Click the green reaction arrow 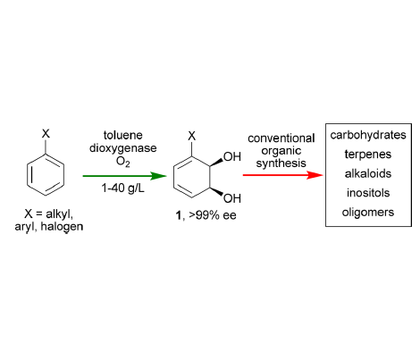pos(124,176)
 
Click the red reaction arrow pos(283,175)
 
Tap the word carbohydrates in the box pos(368,135)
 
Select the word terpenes pos(368,155)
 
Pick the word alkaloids pos(368,173)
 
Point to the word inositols pos(368,193)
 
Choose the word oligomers pos(368,213)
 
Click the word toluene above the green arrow pos(123,135)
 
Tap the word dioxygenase pos(123,148)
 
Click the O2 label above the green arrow pos(123,162)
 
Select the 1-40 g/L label pos(122,188)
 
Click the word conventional pos(281,138)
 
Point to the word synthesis pos(281,163)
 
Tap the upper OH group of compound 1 pos(232,156)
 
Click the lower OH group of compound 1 pos(232,198)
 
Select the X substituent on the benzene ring pos(46,134)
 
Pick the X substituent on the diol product pos(192,136)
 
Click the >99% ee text pos(213,215)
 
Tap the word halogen pos(62,227)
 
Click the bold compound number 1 pos(178,215)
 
